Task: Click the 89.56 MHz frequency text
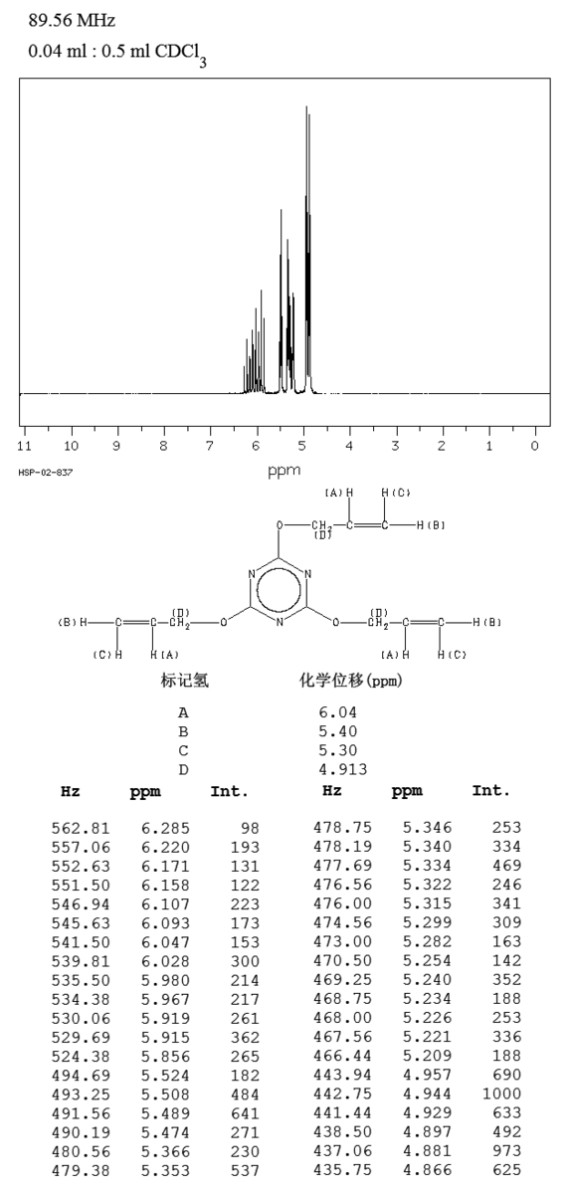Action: click(72, 20)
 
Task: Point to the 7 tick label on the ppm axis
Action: click(210, 446)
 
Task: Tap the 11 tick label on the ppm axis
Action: click(25, 446)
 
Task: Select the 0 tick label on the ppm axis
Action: click(535, 446)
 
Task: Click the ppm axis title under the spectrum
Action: click(284, 471)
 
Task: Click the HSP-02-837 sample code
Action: click(46, 473)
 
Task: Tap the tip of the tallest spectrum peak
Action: click(306, 106)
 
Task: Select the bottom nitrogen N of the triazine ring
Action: click(280, 622)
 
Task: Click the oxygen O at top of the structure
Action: click(280, 525)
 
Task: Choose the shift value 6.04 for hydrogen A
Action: click(338, 712)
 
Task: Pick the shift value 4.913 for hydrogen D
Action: click(343, 769)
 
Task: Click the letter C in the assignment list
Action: click(183, 750)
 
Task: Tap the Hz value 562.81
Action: click(81, 828)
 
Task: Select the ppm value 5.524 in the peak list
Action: click(165, 1076)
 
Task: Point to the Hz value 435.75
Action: click(342, 1169)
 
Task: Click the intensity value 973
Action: click(506, 1151)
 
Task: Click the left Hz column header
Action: click(71, 792)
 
